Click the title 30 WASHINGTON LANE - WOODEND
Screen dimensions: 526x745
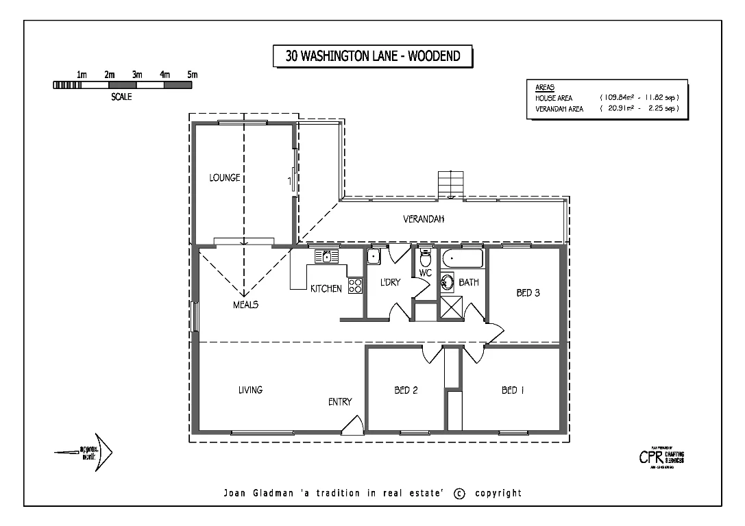click(x=371, y=56)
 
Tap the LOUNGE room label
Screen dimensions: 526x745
click(x=224, y=178)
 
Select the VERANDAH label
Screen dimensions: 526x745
click(x=424, y=219)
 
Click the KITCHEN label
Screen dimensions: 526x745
click(x=326, y=289)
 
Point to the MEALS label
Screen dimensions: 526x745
click(x=245, y=305)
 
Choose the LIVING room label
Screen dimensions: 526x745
click(x=250, y=390)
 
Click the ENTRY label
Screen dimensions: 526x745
click(x=340, y=402)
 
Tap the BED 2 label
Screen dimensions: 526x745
click(x=406, y=390)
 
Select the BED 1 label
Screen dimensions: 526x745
click(x=513, y=390)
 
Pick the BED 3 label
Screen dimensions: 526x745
click(x=528, y=293)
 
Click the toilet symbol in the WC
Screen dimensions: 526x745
click(x=425, y=260)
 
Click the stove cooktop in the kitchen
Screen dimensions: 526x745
click(x=355, y=286)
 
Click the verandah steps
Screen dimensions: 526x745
click(x=451, y=184)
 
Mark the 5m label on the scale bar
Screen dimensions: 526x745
click(x=193, y=74)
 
